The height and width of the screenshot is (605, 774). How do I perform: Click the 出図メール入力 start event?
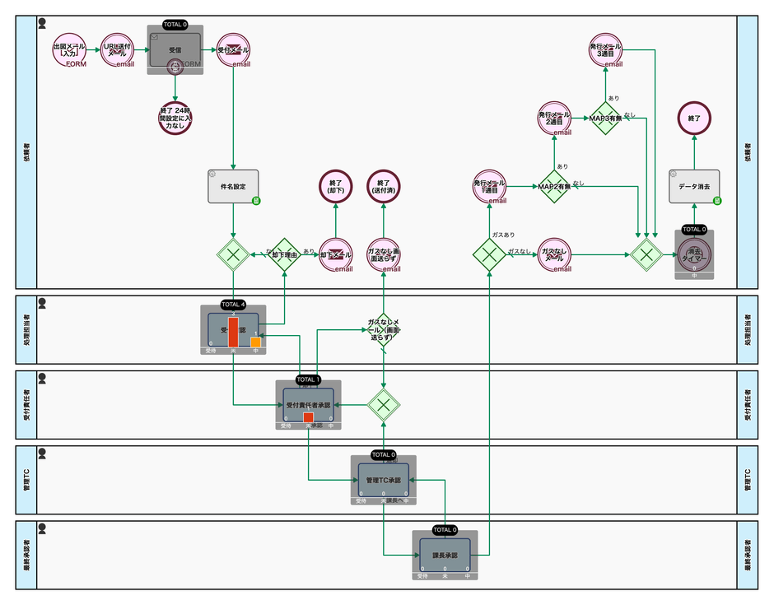(x=70, y=50)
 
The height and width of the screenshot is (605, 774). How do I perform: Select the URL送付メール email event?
(x=118, y=50)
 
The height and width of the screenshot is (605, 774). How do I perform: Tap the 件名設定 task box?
(x=233, y=187)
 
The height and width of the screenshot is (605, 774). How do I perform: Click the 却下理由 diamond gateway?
(x=284, y=255)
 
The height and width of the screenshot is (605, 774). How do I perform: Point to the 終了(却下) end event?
(x=335, y=186)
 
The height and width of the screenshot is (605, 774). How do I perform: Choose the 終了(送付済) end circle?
(x=383, y=186)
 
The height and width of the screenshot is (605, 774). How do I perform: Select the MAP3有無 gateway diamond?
(x=605, y=119)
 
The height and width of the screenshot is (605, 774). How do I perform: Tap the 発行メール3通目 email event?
(x=605, y=50)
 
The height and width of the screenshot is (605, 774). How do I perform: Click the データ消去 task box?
(x=694, y=187)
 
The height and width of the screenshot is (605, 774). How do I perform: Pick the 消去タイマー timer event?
(x=694, y=256)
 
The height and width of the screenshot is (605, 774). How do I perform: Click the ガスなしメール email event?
(x=554, y=255)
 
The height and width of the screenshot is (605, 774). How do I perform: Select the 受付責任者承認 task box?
(x=308, y=405)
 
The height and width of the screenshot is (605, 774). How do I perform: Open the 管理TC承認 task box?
(x=383, y=479)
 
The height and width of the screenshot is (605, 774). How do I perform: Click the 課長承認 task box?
(x=445, y=555)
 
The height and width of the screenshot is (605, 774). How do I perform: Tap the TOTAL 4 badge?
(x=233, y=305)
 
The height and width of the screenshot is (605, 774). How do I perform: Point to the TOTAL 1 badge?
(x=308, y=379)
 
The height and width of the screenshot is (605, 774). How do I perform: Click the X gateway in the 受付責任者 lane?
(x=383, y=404)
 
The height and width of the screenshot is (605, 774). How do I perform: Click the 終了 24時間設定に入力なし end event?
(x=175, y=119)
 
